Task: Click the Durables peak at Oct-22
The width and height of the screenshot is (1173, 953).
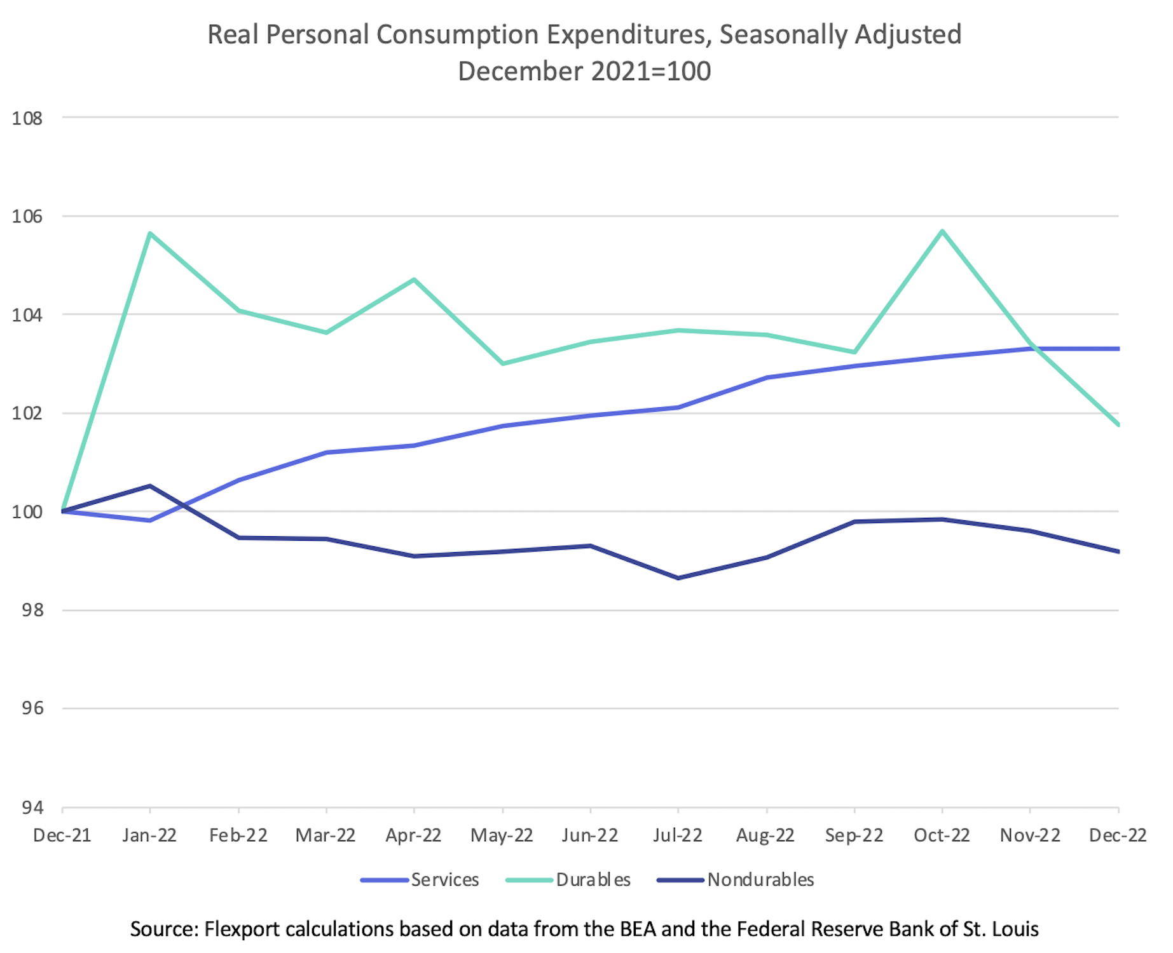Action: [942, 231]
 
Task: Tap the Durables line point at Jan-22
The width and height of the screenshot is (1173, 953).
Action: [149, 233]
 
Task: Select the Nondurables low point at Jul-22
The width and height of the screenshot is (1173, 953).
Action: [678, 578]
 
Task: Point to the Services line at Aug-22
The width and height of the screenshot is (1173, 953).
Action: [767, 377]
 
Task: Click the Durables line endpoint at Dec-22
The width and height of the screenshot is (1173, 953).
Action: [1118, 424]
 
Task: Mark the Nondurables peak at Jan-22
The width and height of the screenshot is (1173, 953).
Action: [149, 486]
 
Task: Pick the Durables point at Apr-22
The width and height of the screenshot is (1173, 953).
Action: [414, 280]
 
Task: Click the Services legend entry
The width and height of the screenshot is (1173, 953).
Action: [420, 880]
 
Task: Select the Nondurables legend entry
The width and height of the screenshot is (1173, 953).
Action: [736, 880]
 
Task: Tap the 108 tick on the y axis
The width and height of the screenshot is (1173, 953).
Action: [27, 118]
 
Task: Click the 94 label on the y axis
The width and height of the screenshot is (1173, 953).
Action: [32, 808]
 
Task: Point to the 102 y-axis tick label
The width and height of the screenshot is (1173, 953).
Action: [27, 414]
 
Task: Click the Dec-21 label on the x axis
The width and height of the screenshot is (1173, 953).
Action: [62, 835]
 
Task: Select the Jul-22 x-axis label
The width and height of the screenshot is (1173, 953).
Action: [678, 835]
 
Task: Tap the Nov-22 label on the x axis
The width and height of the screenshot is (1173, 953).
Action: [1030, 835]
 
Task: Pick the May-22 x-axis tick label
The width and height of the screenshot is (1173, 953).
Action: [502, 835]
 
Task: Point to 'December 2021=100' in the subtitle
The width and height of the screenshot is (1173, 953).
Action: [584, 71]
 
